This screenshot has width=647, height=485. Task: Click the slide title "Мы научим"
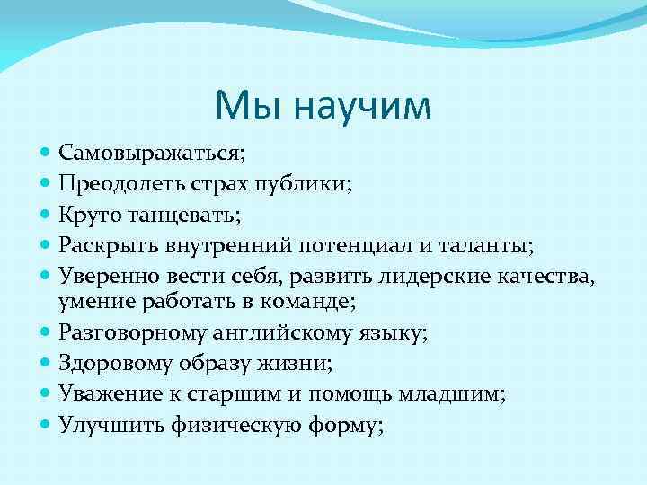(323, 105)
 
